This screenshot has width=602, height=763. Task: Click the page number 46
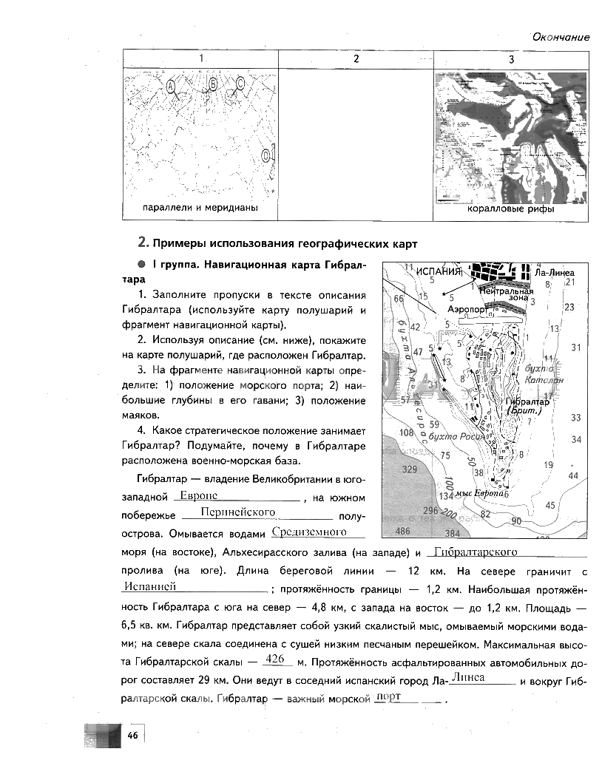click(x=133, y=734)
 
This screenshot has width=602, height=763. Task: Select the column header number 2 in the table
click(x=356, y=59)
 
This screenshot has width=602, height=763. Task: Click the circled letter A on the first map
click(x=172, y=87)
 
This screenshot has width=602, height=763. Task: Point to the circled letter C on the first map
click(x=240, y=84)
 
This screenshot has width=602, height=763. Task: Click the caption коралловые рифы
click(x=510, y=209)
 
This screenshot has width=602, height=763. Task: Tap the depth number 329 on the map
click(x=409, y=469)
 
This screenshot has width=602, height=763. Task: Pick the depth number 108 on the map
click(x=406, y=433)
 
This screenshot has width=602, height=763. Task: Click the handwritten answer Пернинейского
click(x=227, y=512)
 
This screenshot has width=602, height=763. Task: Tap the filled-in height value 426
click(x=274, y=659)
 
